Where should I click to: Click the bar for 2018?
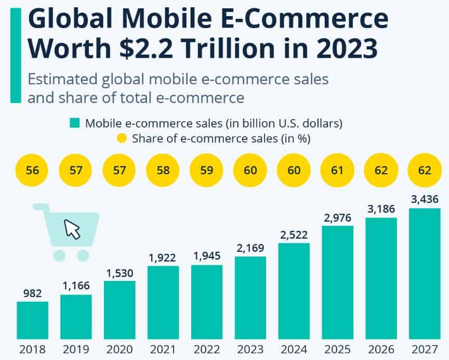point(32,320)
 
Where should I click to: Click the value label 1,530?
point(120,273)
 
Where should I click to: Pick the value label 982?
point(32,293)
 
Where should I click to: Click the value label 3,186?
point(381,209)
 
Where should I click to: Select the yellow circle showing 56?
point(33,170)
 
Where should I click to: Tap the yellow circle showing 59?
point(207,170)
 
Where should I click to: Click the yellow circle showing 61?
point(338,170)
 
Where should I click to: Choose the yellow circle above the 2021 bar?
point(163,170)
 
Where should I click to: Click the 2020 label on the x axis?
point(120,349)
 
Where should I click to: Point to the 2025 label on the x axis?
point(338,349)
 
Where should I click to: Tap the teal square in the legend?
point(75,123)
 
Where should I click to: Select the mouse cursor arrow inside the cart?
point(73,229)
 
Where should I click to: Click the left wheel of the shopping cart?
point(59,255)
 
